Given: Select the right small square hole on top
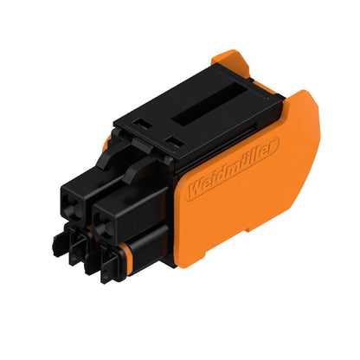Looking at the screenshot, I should pyautogui.click(x=174, y=139).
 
